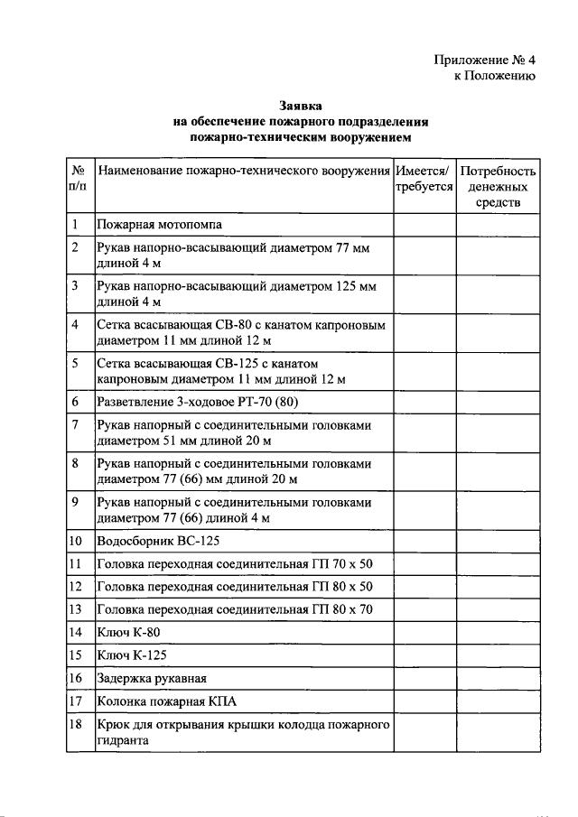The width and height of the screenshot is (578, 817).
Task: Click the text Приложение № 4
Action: pyautogui.click(x=484, y=60)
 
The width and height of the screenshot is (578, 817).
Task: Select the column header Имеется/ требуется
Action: pyautogui.click(x=424, y=178)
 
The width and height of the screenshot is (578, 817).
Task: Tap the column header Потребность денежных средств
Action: pyautogui.click(x=498, y=187)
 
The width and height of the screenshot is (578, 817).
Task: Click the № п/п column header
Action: pyautogui.click(x=79, y=178)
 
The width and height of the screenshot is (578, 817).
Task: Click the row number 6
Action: pyautogui.click(x=76, y=401)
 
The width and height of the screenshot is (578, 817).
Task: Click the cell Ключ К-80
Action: pyautogui.click(x=122, y=632)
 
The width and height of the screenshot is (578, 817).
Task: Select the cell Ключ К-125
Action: pyautogui.click(x=125, y=655)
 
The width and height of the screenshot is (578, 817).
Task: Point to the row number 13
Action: pyautogui.click(x=77, y=609)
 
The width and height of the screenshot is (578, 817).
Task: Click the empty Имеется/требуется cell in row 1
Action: pyautogui.click(x=424, y=225)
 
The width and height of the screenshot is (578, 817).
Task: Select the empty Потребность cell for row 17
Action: pyautogui.click(x=498, y=700)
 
